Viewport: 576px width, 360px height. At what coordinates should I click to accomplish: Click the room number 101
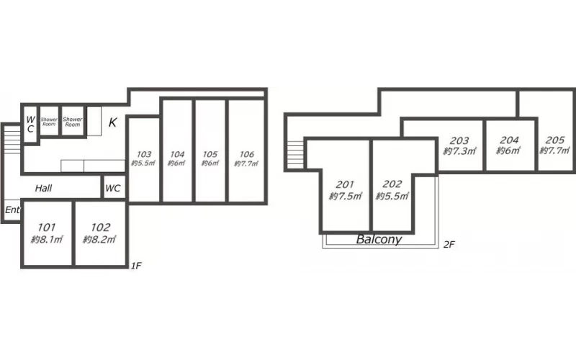pyautogui.click(x=47, y=228)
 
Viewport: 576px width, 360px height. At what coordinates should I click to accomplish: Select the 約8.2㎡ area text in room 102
pyautogui.click(x=99, y=240)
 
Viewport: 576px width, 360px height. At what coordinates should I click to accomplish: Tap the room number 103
pyautogui.click(x=144, y=154)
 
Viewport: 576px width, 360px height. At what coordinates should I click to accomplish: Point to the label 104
pyautogui.click(x=177, y=154)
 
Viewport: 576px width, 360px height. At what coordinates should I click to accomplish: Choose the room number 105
pyautogui.click(x=210, y=154)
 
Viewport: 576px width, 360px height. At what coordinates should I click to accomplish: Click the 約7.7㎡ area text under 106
pyautogui.click(x=246, y=163)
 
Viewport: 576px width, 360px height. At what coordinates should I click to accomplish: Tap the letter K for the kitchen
pyautogui.click(x=112, y=122)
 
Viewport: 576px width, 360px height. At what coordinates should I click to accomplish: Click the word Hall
pyautogui.click(x=43, y=189)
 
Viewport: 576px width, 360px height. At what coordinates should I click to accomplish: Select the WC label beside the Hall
pyautogui.click(x=113, y=188)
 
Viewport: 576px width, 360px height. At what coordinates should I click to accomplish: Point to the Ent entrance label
pyautogui.click(x=12, y=210)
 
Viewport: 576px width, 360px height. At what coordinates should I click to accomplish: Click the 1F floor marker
pyautogui.click(x=136, y=266)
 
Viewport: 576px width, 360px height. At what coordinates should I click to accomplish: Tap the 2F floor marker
pyautogui.click(x=449, y=244)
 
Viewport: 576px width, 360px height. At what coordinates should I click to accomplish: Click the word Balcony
pyautogui.click(x=379, y=239)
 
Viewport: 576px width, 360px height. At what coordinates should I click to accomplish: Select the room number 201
pyautogui.click(x=345, y=184)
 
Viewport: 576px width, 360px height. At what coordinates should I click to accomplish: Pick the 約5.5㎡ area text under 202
pyautogui.click(x=392, y=196)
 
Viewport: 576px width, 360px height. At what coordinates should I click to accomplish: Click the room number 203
pyautogui.click(x=459, y=140)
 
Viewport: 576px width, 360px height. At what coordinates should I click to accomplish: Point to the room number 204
pyautogui.click(x=509, y=140)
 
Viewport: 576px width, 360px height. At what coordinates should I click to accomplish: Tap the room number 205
pyautogui.click(x=554, y=140)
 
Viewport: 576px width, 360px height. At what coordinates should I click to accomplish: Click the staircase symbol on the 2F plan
pyautogui.click(x=295, y=155)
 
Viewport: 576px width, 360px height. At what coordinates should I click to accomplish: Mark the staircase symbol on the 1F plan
pyautogui.click(x=12, y=140)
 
